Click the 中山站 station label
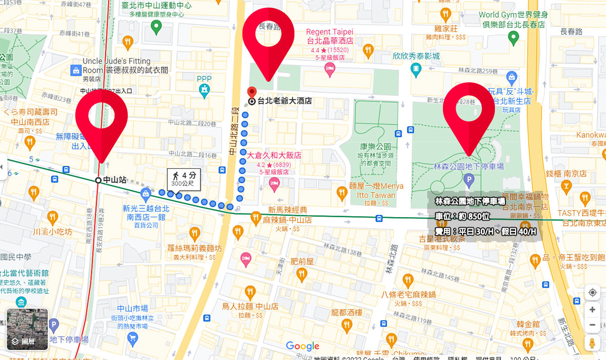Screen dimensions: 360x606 tap(114, 180)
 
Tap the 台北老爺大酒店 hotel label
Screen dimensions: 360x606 tap(284, 101)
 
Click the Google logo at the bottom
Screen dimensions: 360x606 tap(302, 346)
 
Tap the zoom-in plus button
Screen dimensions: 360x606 tap(593, 310)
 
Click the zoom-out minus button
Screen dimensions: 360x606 tap(593, 326)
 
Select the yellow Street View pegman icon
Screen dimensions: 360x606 tap(593, 343)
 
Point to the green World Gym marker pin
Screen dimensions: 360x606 tap(513, 36)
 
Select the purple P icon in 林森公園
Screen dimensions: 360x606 tap(469, 179)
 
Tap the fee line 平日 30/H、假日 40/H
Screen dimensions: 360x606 tap(485, 232)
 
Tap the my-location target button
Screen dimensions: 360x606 tap(593, 293)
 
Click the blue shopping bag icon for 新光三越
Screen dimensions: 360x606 tap(145, 193)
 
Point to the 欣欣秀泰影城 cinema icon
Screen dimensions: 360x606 tap(416, 68)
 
